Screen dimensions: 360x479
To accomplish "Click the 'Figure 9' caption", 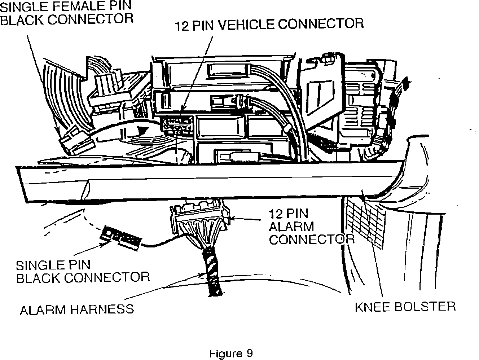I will (x=231, y=353).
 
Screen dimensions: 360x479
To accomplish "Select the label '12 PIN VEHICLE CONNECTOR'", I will (x=269, y=24).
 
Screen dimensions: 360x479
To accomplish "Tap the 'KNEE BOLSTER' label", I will (x=405, y=307).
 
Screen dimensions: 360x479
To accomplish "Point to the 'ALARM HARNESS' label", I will (x=76, y=309).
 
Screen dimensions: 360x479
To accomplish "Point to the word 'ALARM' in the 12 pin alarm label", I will (x=291, y=227).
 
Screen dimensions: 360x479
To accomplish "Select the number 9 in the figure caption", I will (x=249, y=353).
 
